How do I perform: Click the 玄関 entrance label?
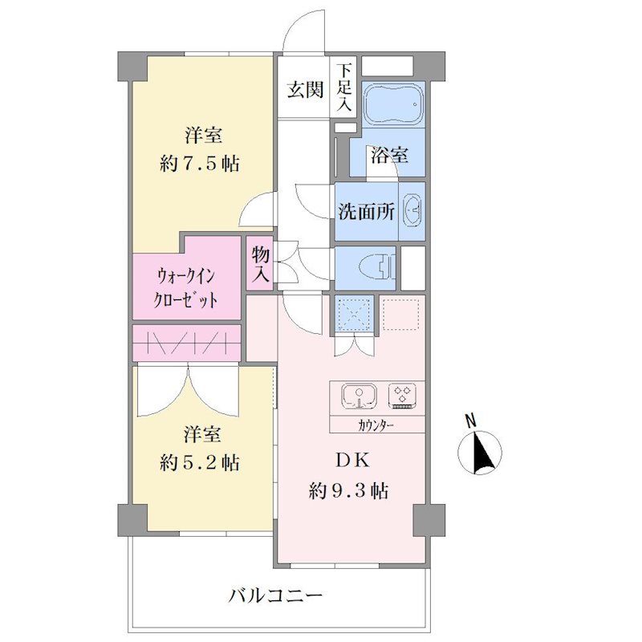[305, 90]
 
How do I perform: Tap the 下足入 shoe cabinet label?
[344, 88]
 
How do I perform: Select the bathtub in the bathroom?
[393, 104]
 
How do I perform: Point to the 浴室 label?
[389, 156]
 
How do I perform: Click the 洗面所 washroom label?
[366, 212]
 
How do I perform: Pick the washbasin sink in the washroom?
[412, 210]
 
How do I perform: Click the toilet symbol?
[377, 268]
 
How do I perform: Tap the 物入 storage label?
[260, 264]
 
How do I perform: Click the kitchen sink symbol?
[359, 396]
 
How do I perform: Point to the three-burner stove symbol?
[403, 396]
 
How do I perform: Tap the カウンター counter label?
[376, 426]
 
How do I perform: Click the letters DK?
[352, 461]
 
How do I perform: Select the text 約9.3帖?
[348, 490]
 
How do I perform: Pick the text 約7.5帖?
[199, 164]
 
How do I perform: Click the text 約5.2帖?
[199, 463]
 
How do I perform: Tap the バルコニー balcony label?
[275, 596]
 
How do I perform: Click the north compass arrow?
[479, 453]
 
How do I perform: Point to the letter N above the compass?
[471, 421]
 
